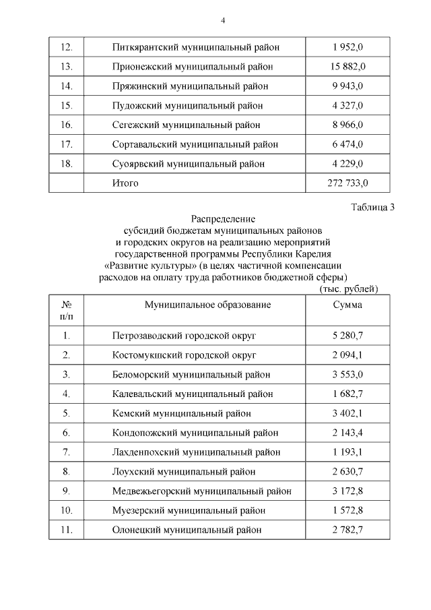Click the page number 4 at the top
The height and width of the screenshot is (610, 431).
pos(222,20)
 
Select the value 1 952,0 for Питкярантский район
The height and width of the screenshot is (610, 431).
pos(347,47)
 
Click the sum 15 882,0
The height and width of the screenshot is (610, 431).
pos(347,66)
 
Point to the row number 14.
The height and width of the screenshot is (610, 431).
pos(66,86)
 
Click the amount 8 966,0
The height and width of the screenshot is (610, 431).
pos(347,125)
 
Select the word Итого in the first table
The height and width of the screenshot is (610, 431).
pos(125,182)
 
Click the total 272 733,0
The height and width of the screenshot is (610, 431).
pos(347,182)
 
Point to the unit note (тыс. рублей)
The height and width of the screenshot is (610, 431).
pos(348,288)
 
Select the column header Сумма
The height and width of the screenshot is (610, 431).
pos(347,305)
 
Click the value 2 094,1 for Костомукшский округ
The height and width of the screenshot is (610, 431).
pos(347,354)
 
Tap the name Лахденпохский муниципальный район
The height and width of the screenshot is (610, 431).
pos(196,452)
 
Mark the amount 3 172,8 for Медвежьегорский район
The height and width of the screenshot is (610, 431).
pos(347,491)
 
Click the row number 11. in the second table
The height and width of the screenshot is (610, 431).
pos(66,530)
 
